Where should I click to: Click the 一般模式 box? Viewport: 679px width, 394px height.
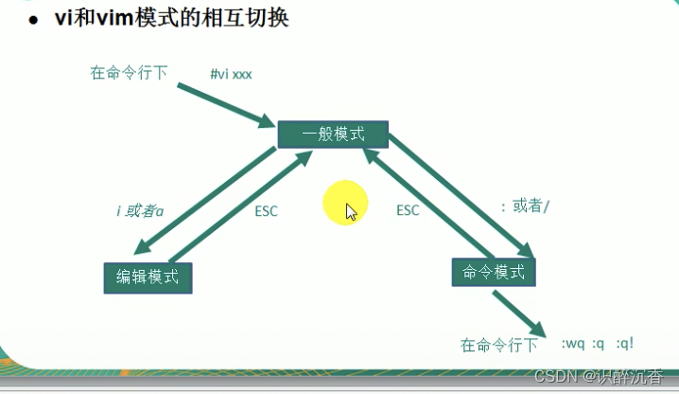click(333, 134)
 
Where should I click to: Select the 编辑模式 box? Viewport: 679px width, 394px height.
click(148, 278)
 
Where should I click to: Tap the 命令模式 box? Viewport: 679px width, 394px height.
click(494, 273)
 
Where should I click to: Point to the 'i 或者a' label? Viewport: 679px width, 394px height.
click(140, 210)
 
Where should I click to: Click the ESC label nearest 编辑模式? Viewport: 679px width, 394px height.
click(267, 210)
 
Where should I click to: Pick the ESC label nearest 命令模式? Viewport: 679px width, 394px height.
click(408, 210)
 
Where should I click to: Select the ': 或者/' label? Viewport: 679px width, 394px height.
click(524, 206)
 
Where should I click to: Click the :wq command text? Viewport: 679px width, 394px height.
click(573, 344)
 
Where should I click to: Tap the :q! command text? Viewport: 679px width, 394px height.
click(625, 344)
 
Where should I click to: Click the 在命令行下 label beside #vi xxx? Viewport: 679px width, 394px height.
click(130, 73)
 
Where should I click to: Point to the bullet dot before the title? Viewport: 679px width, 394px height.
click(33, 20)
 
